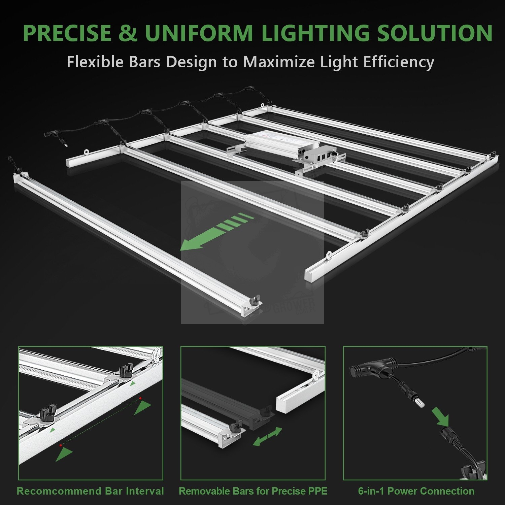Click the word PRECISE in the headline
point(67,33)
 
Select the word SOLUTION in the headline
point(435,33)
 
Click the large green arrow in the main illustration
point(215,232)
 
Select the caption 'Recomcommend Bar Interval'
point(90,491)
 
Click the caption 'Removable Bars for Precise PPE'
point(253,491)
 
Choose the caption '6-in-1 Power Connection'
point(416,491)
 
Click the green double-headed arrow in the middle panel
point(267,436)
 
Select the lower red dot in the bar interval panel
point(61,445)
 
